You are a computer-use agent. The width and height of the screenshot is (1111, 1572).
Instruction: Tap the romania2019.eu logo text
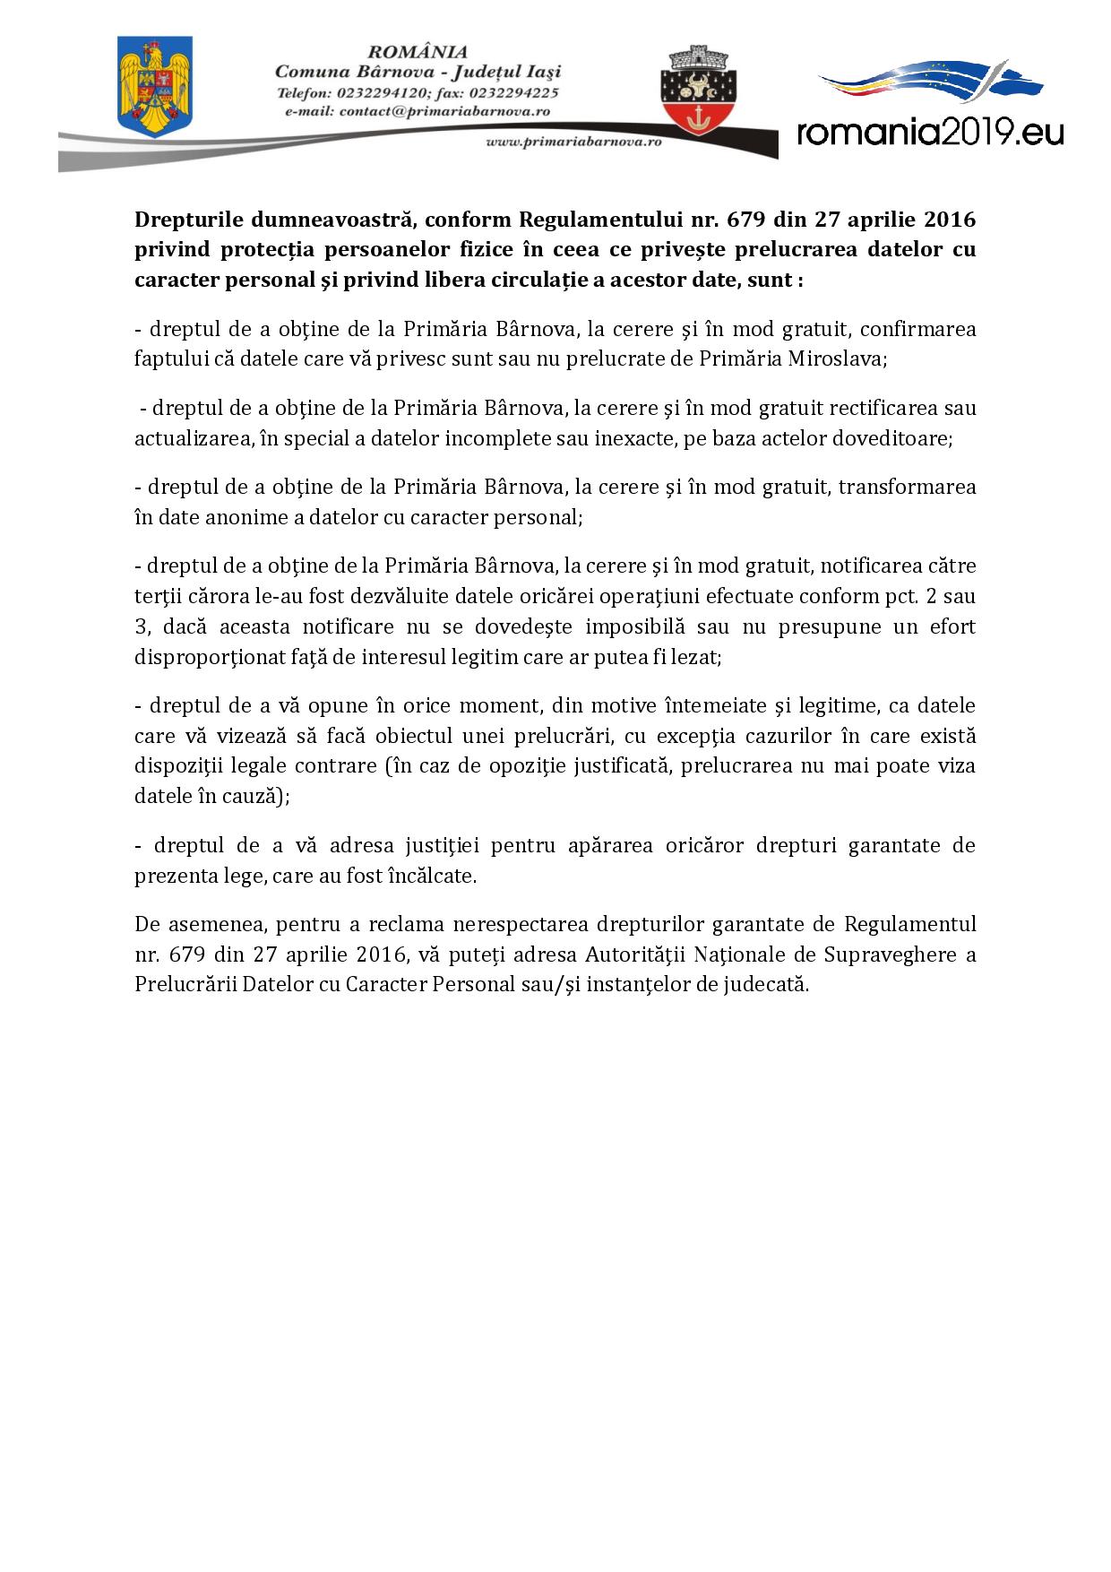pos(930,133)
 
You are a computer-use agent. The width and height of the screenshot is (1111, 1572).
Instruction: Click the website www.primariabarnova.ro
pos(573,142)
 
